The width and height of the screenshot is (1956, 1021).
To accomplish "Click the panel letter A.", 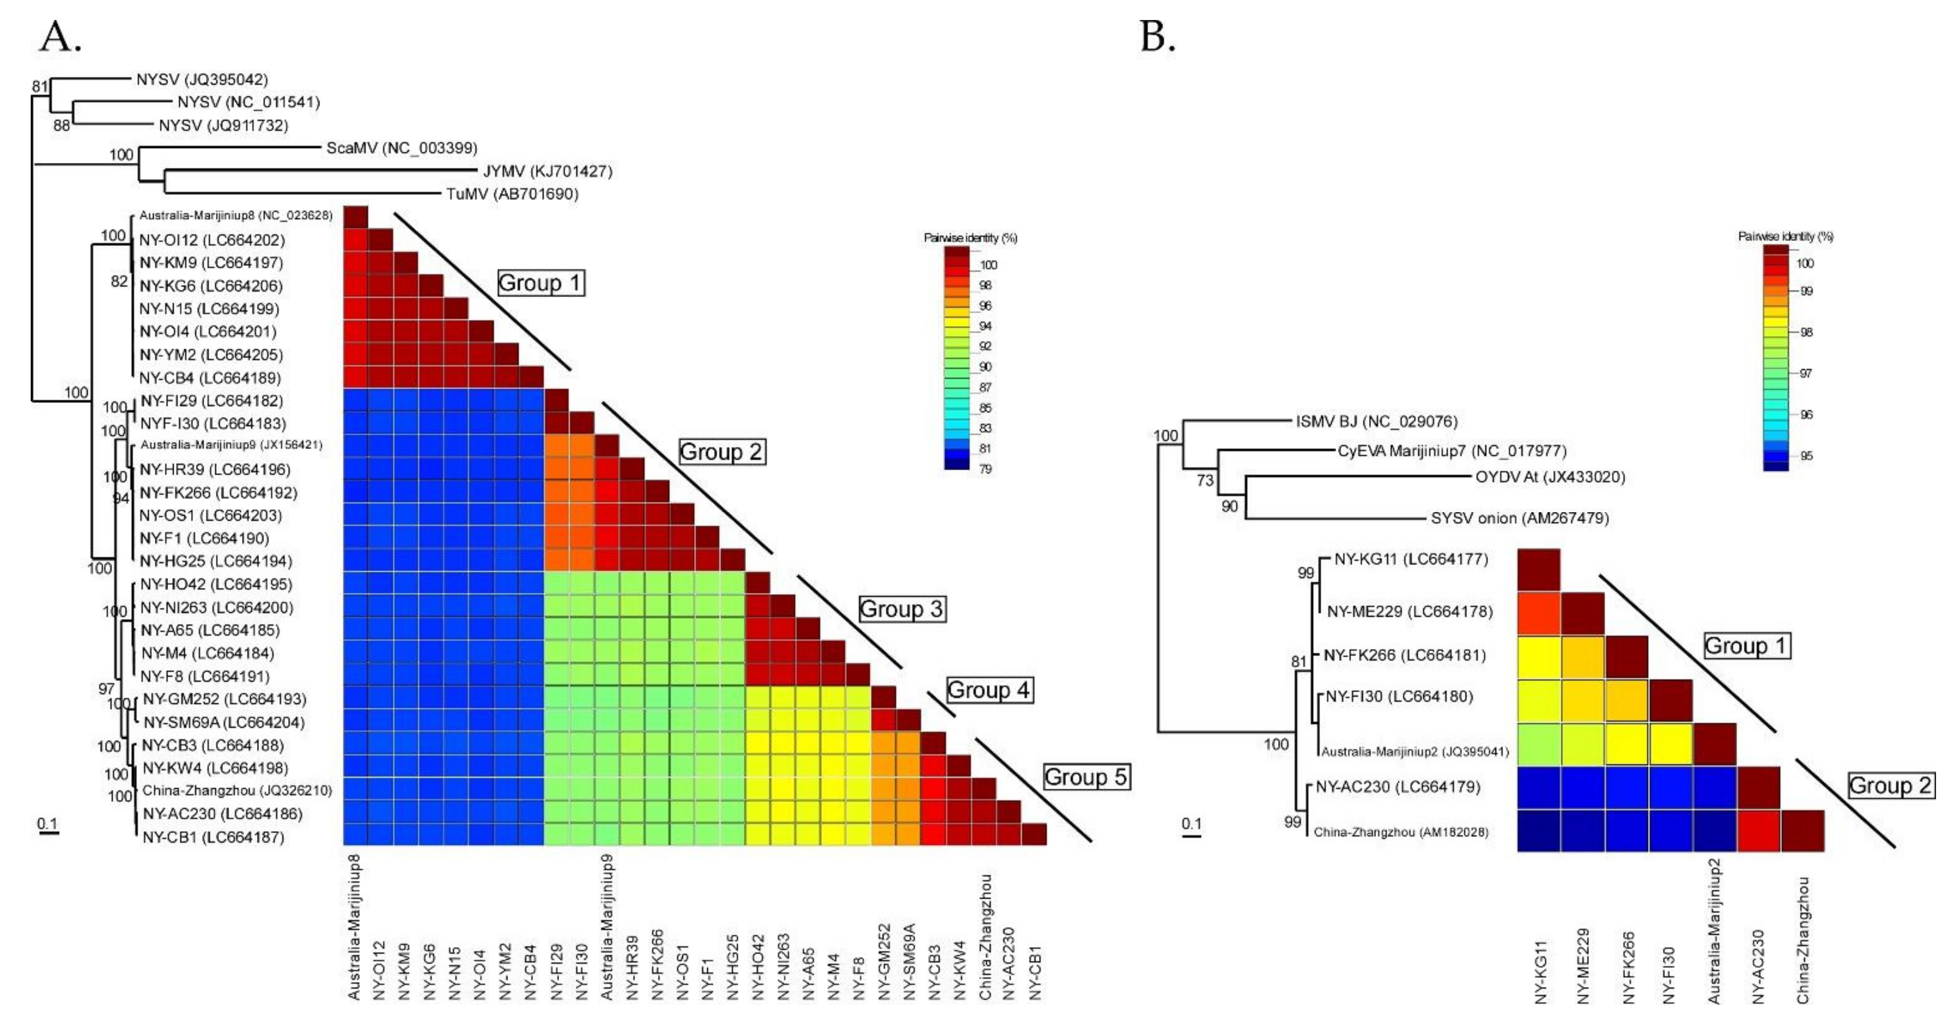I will point(59,37).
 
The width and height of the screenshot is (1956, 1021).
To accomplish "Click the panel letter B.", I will point(1157,37).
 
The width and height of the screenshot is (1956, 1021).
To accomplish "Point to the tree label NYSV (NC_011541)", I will point(248,102).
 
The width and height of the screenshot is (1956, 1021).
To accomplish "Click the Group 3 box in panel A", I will point(902,609).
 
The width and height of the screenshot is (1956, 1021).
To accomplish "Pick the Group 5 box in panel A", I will point(1086,777).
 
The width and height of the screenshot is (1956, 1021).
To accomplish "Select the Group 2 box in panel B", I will point(1890,785).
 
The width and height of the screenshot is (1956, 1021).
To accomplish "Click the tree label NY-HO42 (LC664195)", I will point(215,584).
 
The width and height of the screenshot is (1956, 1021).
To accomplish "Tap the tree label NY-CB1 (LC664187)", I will point(213,837).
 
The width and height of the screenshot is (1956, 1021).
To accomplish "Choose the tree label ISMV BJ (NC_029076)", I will point(1376,421).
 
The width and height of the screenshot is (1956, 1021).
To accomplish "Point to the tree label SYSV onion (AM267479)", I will point(1519,518).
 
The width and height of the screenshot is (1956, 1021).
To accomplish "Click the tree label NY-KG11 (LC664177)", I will point(1411,559).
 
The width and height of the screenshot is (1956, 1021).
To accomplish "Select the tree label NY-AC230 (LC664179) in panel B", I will point(1398,787).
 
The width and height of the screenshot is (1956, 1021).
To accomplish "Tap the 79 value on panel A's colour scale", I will point(985,469).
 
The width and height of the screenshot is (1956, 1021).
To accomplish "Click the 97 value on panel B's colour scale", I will point(1806,373).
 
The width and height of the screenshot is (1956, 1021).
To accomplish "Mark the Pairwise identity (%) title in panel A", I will point(969,238).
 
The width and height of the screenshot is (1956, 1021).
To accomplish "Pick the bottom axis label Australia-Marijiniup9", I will point(607,927).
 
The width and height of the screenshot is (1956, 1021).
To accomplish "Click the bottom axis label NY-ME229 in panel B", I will point(1583,965).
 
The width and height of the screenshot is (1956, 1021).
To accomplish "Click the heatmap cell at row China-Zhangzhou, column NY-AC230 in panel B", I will point(1758,830).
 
